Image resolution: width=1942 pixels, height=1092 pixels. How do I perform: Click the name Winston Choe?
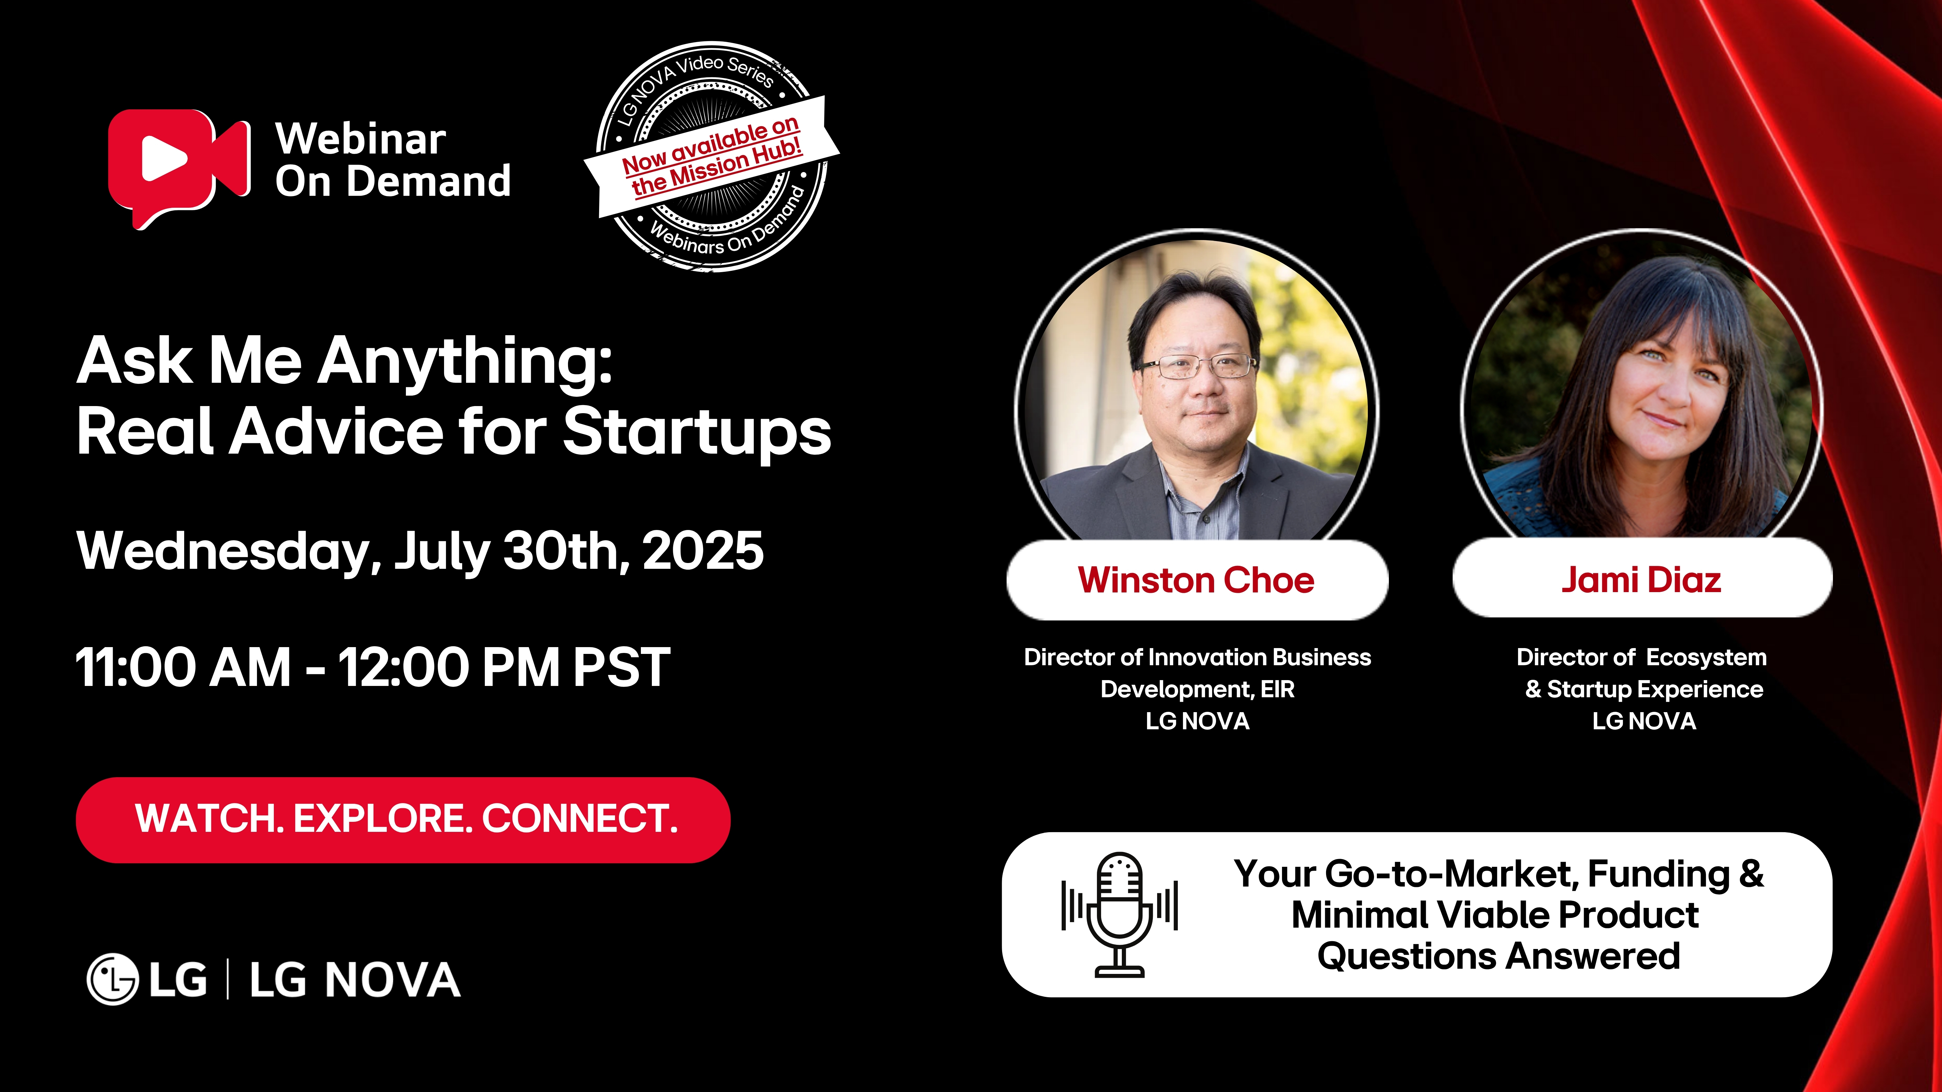(1196, 580)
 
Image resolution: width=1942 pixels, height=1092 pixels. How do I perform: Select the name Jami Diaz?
(1641, 580)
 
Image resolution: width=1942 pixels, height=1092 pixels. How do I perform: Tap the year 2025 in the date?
(703, 551)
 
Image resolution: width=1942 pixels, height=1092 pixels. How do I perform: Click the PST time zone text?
(621, 668)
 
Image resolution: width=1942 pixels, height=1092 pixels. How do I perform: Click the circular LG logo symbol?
(113, 980)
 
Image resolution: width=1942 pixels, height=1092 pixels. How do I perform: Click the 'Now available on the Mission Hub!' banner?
(712, 157)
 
